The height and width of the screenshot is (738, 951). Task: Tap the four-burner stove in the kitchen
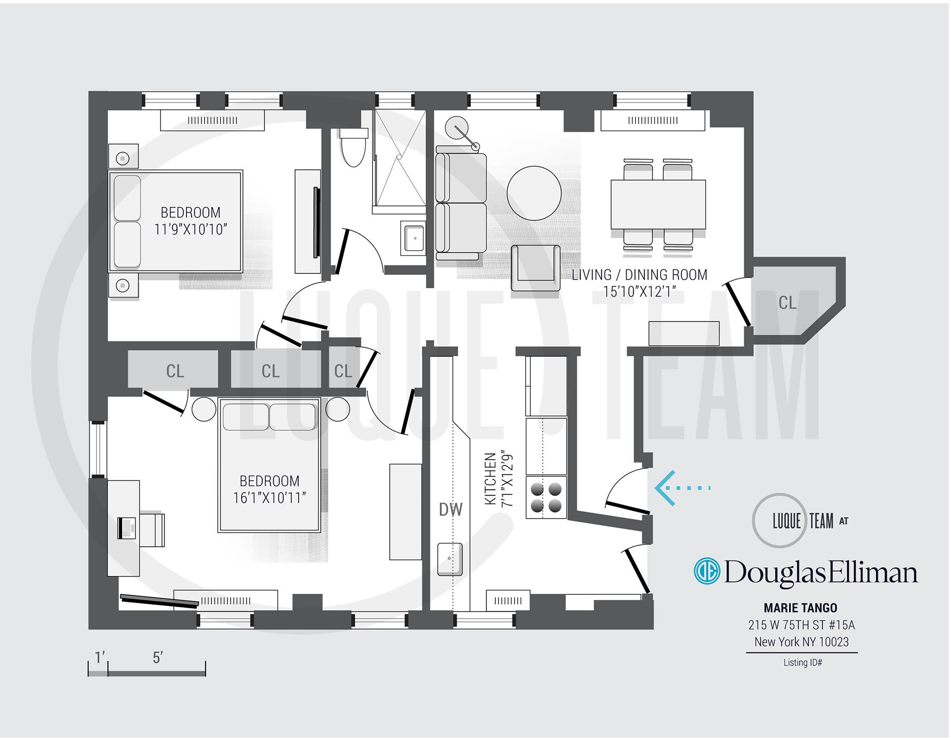[546, 497]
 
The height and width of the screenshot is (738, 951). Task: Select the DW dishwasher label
[451, 509]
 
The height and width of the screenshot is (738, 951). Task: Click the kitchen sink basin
[450, 559]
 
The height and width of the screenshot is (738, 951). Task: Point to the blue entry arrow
[682, 488]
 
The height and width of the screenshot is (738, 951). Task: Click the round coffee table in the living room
[534, 193]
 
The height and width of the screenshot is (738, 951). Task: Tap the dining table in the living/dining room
[658, 204]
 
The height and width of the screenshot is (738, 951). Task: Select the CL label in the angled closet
[788, 303]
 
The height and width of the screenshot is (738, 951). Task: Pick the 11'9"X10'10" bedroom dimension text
[191, 229]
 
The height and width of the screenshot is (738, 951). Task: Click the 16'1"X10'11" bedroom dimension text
[269, 498]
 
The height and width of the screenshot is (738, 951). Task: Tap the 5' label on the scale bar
[158, 658]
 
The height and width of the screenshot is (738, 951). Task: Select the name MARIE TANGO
[800, 608]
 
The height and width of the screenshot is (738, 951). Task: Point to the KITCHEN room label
[490, 479]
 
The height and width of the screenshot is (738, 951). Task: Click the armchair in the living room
[536, 267]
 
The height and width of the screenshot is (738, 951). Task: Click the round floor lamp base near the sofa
[456, 130]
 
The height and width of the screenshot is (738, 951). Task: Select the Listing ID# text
[802, 662]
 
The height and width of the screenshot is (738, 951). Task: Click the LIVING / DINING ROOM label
[639, 275]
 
